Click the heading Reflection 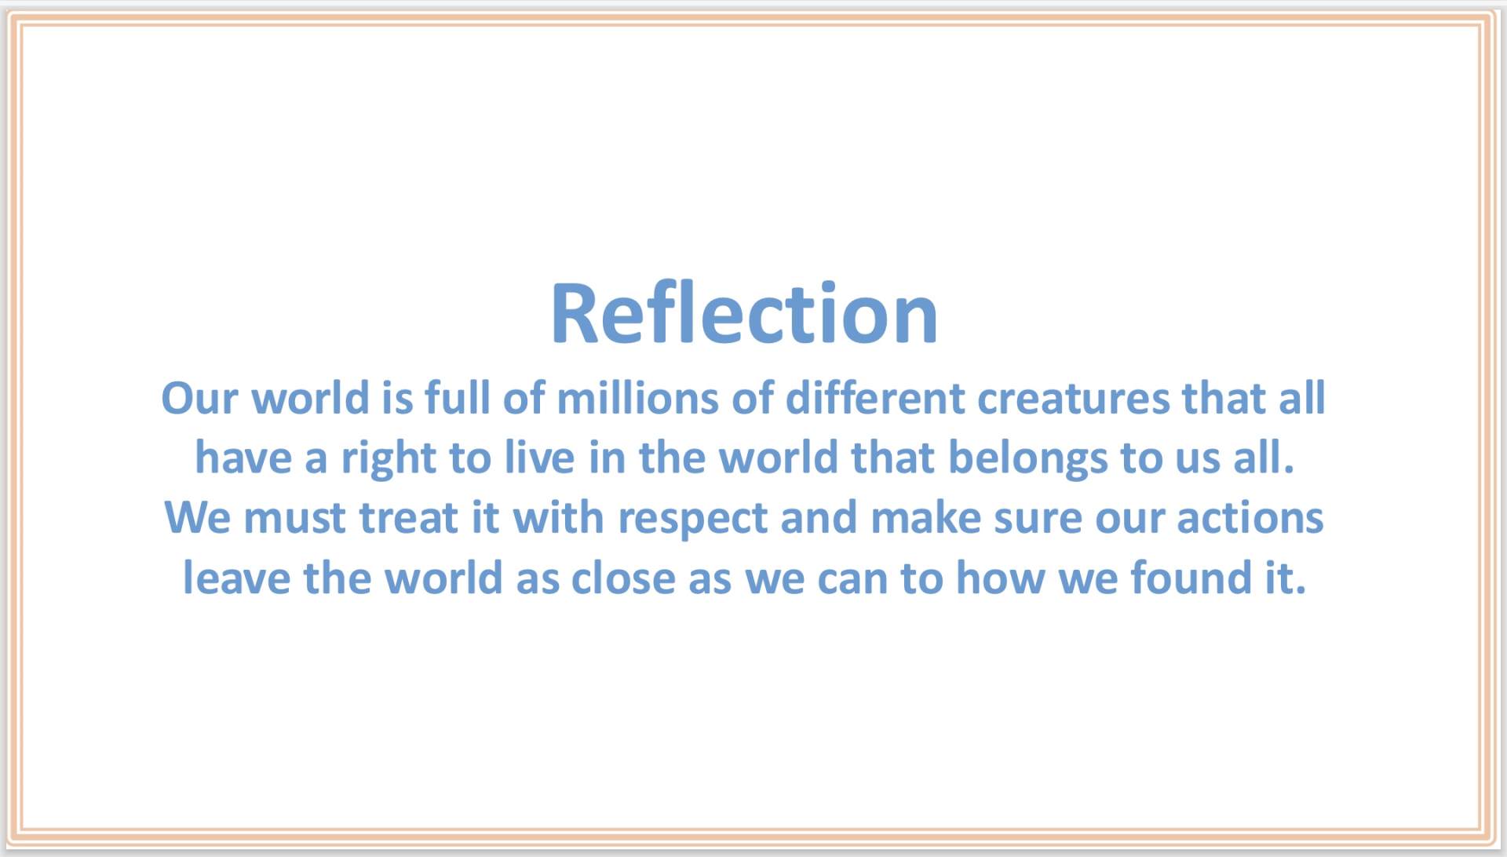click(744, 313)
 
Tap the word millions click(637, 398)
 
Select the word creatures click(1073, 399)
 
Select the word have click(243, 458)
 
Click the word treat click(408, 519)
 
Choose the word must click(294, 519)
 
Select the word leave click(236, 578)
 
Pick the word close click(623, 578)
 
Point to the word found click(1191, 578)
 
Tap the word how click(1001, 578)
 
